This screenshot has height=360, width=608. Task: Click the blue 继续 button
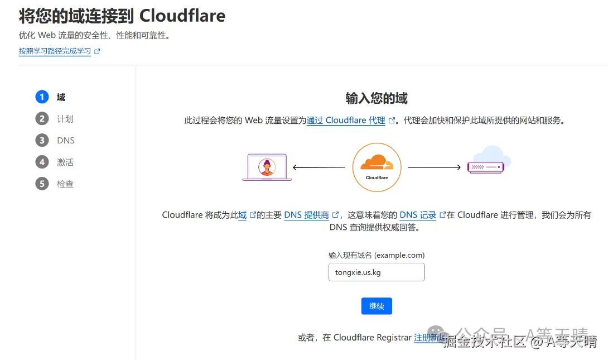pyautogui.click(x=377, y=306)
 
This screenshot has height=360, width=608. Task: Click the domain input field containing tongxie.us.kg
pyautogui.click(x=377, y=272)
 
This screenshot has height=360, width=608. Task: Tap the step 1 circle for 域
pyautogui.click(x=42, y=97)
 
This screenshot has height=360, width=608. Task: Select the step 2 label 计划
pyautogui.click(x=65, y=119)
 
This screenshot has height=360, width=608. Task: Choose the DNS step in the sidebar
pyautogui.click(x=65, y=141)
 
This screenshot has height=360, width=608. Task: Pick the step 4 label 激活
pyautogui.click(x=65, y=162)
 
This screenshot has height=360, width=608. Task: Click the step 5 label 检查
pyautogui.click(x=65, y=184)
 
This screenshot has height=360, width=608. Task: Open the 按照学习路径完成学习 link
pyautogui.click(x=55, y=51)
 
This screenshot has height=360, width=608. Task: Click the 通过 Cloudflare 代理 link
pyautogui.click(x=346, y=120)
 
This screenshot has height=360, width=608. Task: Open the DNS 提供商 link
pyautogui.click(x=306, y=215)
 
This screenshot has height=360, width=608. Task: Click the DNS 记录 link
pyautogui.click(x=418, y=215)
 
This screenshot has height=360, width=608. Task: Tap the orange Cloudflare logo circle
pyautogui.click(x=377, y=167)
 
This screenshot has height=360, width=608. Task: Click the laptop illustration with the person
pyautogui.click(x=267, y=167)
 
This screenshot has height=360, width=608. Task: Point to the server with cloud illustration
pyautogui.click(x=489, y=161)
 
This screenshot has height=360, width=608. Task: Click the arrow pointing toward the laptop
pyautogui.click(x=319, y=167)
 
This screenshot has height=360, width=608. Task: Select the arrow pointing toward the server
pyautogui.click(x=435, y=167)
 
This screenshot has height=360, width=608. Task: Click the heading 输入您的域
pyautogui.click(x=377, y=99)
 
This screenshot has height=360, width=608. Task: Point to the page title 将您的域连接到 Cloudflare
pyautogui.click(x=122, y=16)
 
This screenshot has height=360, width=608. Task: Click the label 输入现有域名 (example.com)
pyautogui.click(x=377, y=255)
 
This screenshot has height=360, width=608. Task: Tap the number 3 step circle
pyautogui.click(x=42, y=141)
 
